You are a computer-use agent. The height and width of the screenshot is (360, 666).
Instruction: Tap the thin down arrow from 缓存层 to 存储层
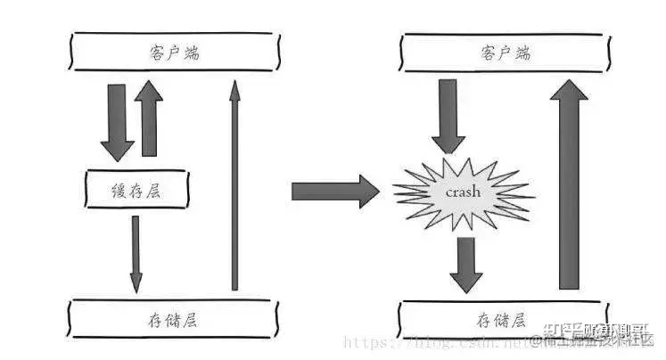click(x=136, y=254)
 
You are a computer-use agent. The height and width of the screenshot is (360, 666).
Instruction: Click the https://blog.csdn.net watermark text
click(x=428, y=342)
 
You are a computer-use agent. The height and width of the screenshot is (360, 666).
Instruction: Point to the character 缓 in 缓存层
click(x=117, y=190)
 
